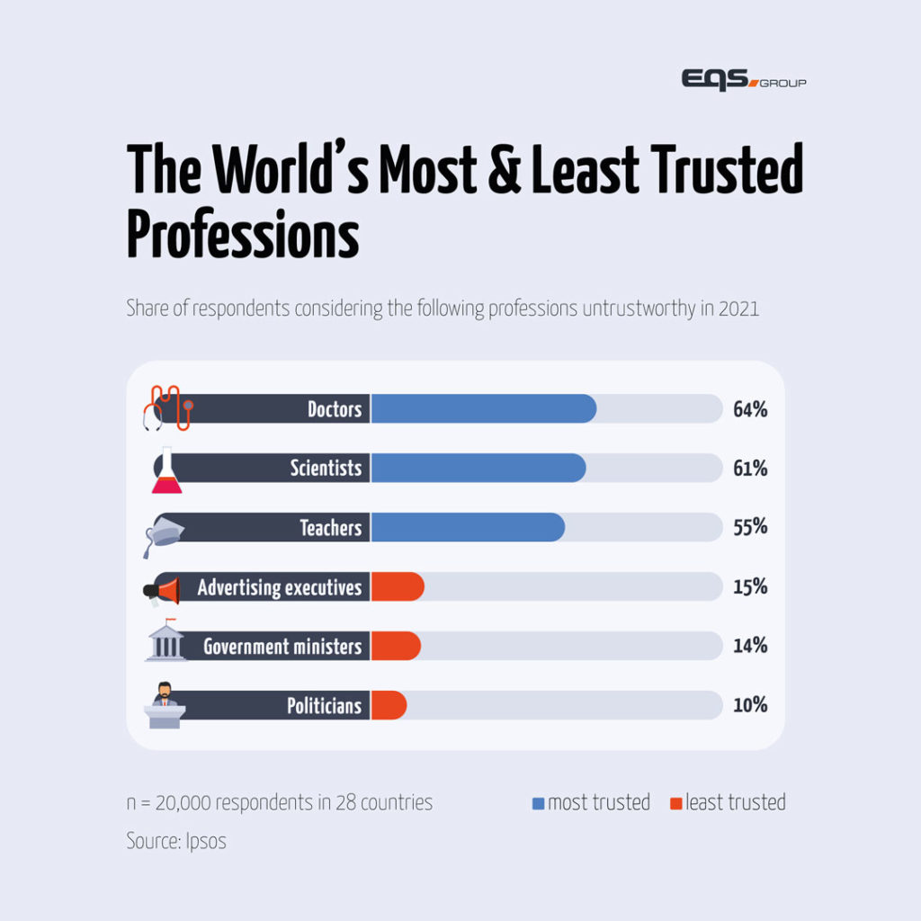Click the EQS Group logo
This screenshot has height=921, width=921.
coord(743,80)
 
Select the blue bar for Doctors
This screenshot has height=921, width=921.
coord(483,408)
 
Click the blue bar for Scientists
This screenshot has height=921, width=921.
coord(478,468)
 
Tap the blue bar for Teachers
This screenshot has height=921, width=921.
coord(468,527)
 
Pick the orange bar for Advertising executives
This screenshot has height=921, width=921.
coord(397,586)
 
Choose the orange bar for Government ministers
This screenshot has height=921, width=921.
coord(395,646)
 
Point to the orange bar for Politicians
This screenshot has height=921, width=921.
coord(389,705)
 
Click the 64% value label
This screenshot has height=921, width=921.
coord(749,409)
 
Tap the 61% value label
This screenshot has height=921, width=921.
coord(749,469)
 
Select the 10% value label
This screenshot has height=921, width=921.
coord(749,705)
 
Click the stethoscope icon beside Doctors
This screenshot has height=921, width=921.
coord(166,408)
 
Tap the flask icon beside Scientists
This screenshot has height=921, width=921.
coord(166,469)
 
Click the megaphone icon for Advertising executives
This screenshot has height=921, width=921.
coord(163,589)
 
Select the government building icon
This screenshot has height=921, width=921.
coord(165,641)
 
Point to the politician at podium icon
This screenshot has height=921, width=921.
coord(165,704)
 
